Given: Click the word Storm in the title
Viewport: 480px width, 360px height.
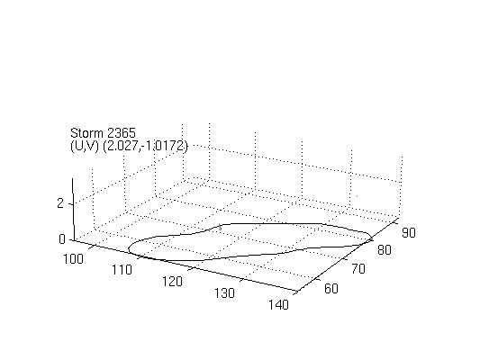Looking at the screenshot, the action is point(86,133).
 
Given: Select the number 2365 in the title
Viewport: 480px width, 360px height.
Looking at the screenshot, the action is point(122,133).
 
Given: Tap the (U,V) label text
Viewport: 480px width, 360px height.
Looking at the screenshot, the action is point(85,146).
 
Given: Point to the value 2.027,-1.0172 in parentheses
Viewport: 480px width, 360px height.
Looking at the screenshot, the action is point(145,146).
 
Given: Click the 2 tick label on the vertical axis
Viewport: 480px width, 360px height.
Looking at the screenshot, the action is point(60,203).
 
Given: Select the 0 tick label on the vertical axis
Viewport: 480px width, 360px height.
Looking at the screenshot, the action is point(62,239).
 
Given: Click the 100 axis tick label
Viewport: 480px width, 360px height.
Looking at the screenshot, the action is point(73,259).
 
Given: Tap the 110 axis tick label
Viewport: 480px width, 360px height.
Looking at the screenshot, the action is point(122,270).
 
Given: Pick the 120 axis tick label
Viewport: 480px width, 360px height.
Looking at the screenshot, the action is point(172,282).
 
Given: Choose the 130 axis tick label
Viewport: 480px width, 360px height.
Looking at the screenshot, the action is point(225,293).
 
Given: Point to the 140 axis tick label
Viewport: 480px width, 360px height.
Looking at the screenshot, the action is point(278,304).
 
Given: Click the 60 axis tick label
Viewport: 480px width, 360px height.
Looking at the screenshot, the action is point(331,288).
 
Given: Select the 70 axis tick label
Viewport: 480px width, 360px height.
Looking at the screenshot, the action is point(358,269).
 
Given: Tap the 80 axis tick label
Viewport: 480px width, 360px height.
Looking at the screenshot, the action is point(385,250).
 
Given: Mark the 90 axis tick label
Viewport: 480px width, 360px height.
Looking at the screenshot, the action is point(409,233).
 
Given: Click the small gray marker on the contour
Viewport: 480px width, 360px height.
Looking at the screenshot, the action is point(220,228).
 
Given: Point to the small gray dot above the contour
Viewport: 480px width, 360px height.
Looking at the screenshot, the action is point(358,196).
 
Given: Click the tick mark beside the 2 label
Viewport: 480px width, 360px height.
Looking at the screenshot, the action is point(71,203).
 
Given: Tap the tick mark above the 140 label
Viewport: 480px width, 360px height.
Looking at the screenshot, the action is point(296,292).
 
